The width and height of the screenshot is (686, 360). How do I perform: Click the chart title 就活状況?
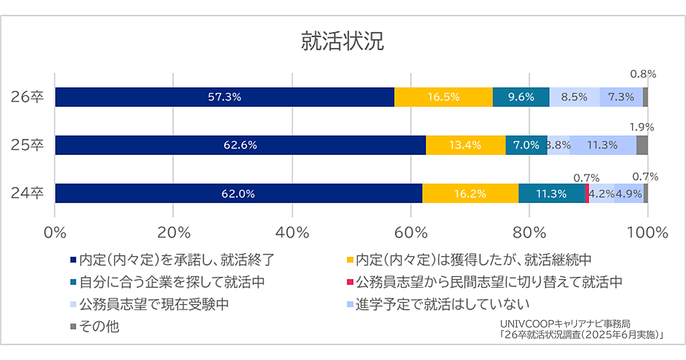pos(343,43)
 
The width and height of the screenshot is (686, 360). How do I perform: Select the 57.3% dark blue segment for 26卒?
pos(225,97)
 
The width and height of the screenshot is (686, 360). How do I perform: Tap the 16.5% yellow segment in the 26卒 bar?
pos(444,97)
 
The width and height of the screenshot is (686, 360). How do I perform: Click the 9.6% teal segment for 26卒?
pos(521,97)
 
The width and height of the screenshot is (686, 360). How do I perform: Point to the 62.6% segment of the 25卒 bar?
pos(240,145)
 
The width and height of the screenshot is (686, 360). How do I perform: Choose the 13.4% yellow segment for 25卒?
pos(466,145)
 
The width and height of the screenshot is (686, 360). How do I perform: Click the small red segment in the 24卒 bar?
pos(587,193)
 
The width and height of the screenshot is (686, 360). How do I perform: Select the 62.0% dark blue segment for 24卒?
pos(238,193)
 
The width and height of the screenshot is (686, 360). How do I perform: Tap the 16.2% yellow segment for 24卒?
pos(470,193)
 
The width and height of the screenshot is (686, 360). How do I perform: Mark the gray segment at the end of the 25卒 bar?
pos(642,145)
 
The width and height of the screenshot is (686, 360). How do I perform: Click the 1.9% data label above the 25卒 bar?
pos(642,127)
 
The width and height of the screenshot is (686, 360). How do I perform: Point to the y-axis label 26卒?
pos(27,97)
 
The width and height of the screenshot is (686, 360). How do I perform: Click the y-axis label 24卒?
pos(27,193)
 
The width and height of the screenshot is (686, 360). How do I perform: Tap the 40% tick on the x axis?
pos(292,233)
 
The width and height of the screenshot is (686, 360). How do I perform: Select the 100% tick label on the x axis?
pos(647,233)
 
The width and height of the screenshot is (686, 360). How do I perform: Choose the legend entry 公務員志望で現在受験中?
pos(154,303)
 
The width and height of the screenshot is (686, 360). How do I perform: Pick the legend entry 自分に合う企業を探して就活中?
pos(171,281)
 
